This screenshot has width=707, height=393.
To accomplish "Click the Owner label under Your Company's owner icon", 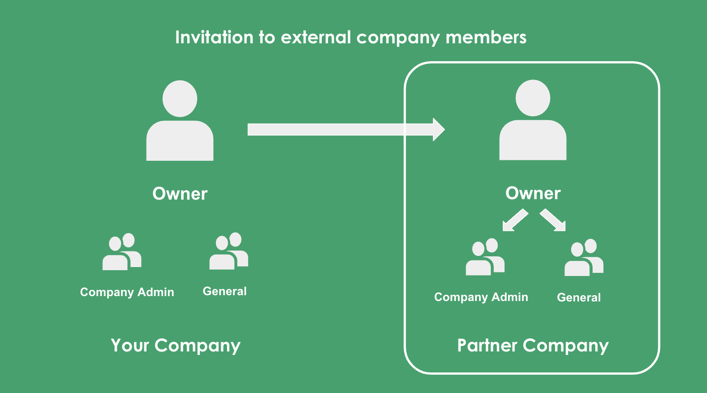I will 180,194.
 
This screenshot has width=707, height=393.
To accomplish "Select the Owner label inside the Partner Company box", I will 533,193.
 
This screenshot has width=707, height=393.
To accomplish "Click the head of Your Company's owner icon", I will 180,99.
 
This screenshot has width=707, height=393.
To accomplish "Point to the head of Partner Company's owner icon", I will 533,98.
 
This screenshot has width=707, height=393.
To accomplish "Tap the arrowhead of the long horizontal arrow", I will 438,130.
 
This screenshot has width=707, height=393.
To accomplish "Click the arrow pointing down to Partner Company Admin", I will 515,220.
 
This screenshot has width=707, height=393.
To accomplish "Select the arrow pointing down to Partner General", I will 553,220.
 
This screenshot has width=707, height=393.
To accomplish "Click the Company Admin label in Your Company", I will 127,292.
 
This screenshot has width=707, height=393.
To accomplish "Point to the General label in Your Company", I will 225,291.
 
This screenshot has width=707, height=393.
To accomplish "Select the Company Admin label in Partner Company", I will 481,297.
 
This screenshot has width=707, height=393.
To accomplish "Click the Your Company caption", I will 176,346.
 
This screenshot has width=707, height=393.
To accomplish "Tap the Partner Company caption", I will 533,346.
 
